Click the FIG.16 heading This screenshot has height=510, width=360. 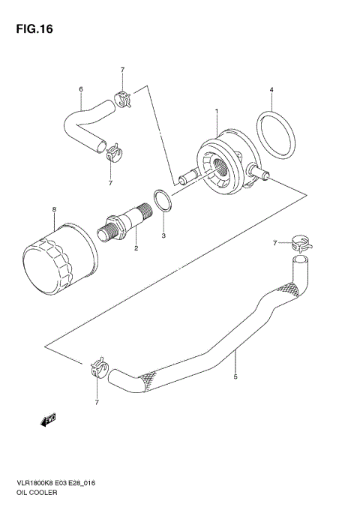coord(32,31)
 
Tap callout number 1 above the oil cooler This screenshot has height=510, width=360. coord(217,112)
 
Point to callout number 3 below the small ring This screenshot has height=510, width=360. coord(164,237)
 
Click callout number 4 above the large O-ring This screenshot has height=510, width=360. coord(271,91)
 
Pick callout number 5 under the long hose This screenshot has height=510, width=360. coord(235,377)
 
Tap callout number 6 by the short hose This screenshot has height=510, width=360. coord(80,90)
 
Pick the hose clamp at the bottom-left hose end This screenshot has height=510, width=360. coord(97,368)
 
